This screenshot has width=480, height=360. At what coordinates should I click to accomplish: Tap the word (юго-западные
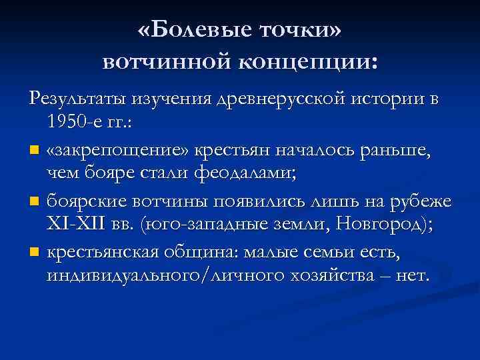pos(193,225)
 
